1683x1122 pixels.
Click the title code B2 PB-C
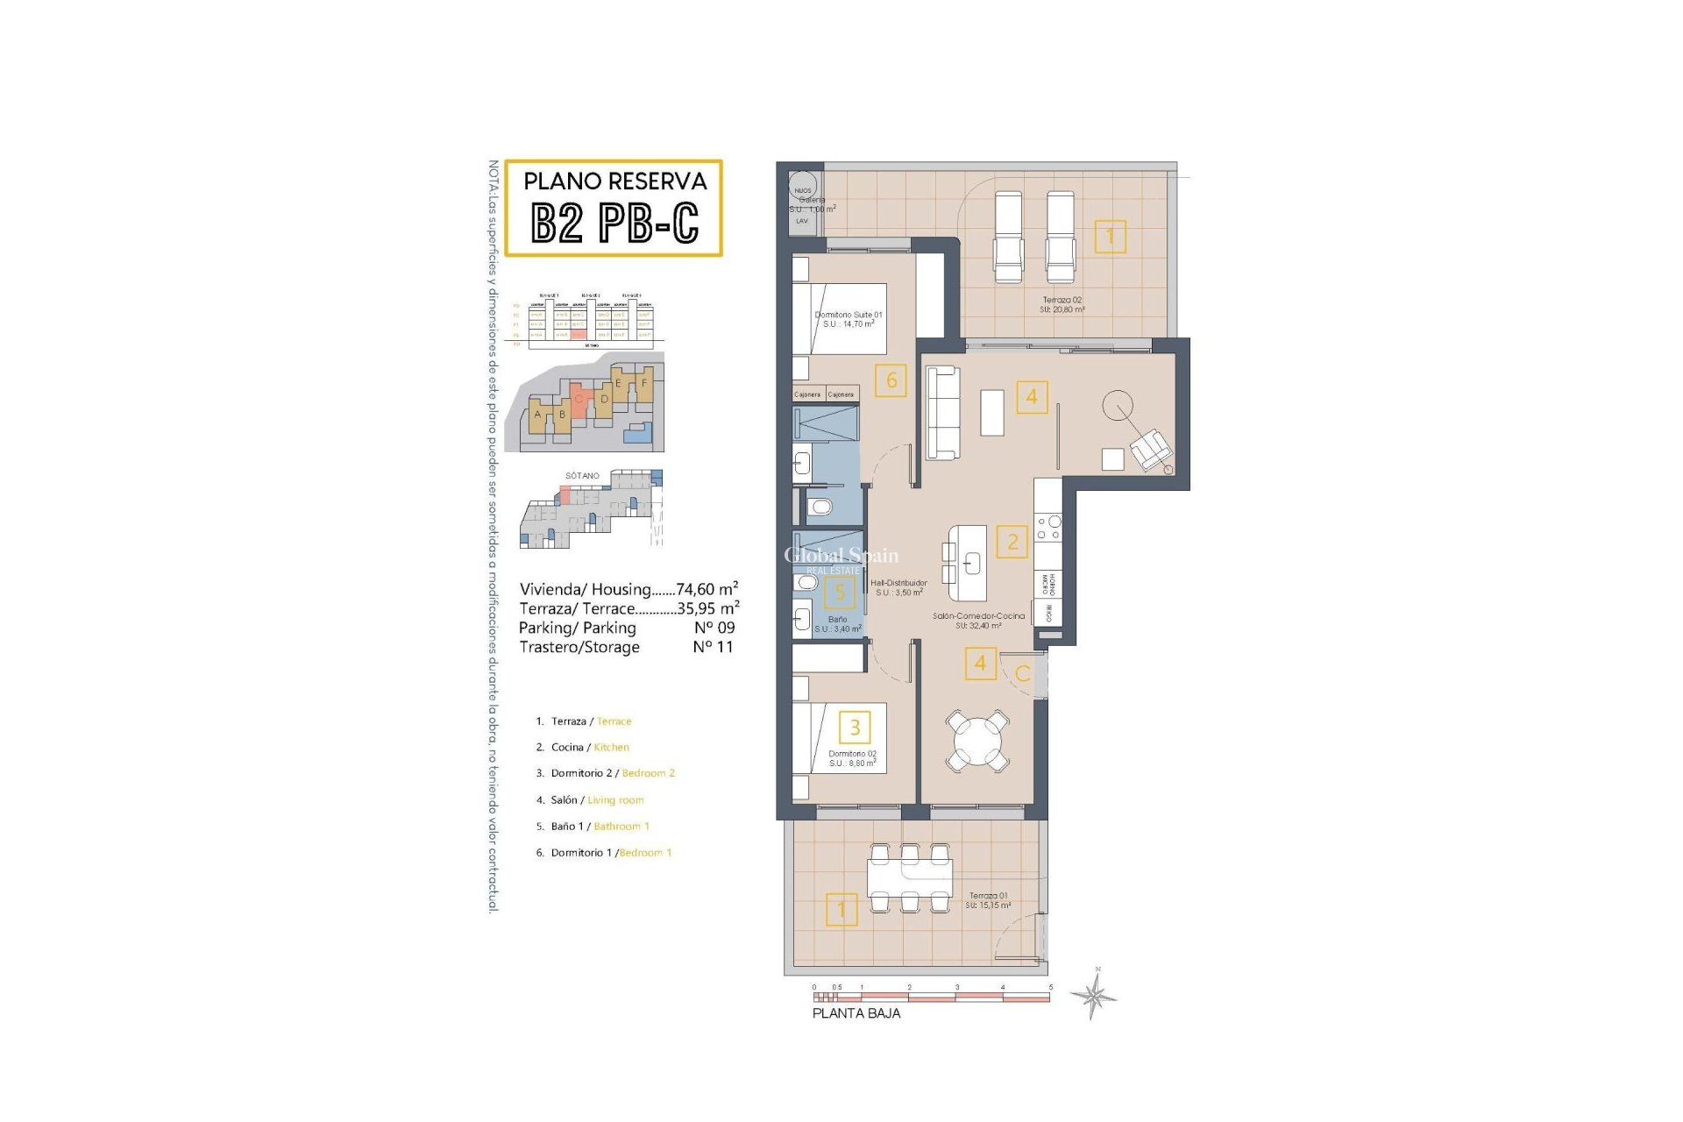click(x=614, y=223)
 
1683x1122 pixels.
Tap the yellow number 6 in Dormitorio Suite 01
click(x=891, y=380)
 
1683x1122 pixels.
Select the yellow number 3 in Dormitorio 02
click(x=855, y=727)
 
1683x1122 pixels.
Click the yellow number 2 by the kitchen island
click(x=1012, y=542)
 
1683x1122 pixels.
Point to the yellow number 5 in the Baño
click(x=839, y=593)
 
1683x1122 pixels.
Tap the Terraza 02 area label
click(x=1062, y=304)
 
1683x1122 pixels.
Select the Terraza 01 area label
click(x=988, y=900)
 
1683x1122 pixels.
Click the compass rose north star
click(x=1093, y=995)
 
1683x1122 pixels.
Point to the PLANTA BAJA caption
click(x=856, y=1013)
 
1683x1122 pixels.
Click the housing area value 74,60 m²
click(x=707, y=589)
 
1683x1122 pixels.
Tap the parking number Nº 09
click(x=714, y=628)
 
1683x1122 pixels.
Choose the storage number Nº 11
click(x=713, y=647)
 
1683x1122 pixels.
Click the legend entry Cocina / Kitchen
click(x=589, y=747)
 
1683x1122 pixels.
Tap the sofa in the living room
click(x=942, y=412)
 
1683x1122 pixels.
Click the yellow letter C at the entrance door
click(x=1022, y=674)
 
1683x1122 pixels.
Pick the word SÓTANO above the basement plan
click(x=582, y=475)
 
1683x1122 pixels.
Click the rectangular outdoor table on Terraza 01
click(x=909, y=876)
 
